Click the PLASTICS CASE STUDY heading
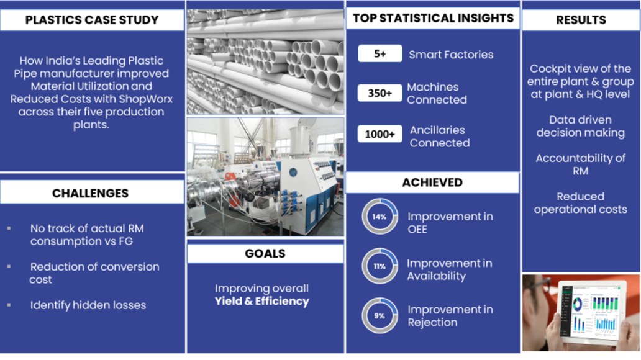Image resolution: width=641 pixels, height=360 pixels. click(92, 20)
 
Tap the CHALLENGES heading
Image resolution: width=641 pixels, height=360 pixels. click(90, 193)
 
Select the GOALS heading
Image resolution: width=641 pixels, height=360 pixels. click(265, 253)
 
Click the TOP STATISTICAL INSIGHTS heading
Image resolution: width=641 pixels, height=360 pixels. click(434, 18)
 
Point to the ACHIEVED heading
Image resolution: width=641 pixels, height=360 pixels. click(432, 182)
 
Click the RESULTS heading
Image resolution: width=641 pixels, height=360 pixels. click(581, 20)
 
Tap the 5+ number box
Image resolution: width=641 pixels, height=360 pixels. click(380, 53)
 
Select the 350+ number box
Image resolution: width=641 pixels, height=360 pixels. click(380, 93)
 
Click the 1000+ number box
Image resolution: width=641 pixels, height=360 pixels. click(380, 134)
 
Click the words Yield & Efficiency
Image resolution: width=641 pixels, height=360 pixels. click(262, 301)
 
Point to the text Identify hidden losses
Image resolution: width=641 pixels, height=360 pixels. click(88, 305)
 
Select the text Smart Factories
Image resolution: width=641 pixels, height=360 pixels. click(452, 55)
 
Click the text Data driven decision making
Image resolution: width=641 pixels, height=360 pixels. click(581, 126)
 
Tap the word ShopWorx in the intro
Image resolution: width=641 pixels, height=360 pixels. click(146, 99)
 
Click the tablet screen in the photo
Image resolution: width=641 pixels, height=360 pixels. click(593, 312)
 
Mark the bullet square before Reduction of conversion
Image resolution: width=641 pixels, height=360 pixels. click(9, 266)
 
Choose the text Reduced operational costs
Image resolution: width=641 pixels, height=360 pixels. click(581, 203)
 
